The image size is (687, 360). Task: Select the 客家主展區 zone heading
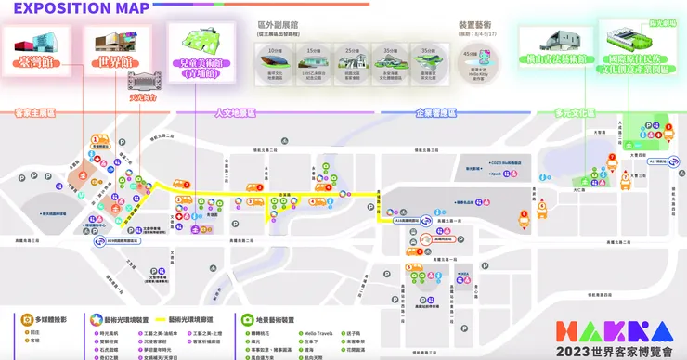(35, 112)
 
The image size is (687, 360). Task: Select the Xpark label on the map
(495, 173)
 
